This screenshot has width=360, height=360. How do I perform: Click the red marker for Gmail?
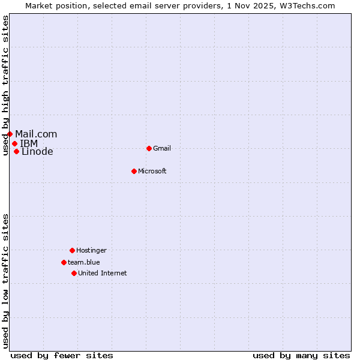(149, 148)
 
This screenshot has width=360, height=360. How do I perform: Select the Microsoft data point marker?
(134, 171)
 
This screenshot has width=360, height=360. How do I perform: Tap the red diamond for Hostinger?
(72, 250)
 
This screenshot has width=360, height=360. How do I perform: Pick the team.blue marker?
(64, 262)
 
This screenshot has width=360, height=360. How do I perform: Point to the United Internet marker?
(74, 273)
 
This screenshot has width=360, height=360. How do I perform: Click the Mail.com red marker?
(10, 134)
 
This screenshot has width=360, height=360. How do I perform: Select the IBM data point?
(14, 143)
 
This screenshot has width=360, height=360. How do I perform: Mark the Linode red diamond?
(16, 151)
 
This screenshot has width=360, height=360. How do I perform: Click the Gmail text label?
(162, 148)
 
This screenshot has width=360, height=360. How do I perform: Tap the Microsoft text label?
(152, 171)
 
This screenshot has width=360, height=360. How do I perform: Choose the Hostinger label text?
(91, 250)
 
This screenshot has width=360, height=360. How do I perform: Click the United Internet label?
(103, 273)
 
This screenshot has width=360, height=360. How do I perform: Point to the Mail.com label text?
(36, 134)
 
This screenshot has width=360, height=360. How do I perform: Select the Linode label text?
(37, 151)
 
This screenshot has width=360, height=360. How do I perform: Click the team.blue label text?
(84, 262)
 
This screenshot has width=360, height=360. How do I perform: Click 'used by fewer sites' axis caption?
(62, 355)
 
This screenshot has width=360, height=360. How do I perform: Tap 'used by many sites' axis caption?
(301, 355)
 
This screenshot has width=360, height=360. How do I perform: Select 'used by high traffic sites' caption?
(6, 85)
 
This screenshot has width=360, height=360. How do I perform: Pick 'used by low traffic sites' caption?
(6, 281)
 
